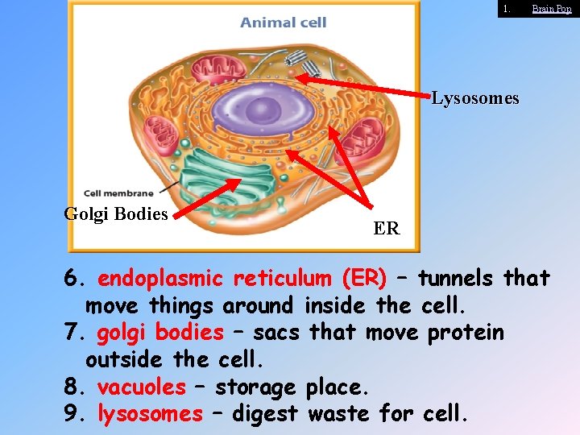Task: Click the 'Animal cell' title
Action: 283,23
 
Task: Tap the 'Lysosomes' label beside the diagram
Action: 475,99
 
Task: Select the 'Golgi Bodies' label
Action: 116,214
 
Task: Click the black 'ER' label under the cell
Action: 386,229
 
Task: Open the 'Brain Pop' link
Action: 552,9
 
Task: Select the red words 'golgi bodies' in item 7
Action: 159,333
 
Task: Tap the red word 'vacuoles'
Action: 141,387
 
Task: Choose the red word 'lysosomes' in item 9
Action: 150,414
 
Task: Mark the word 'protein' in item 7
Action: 467,333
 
